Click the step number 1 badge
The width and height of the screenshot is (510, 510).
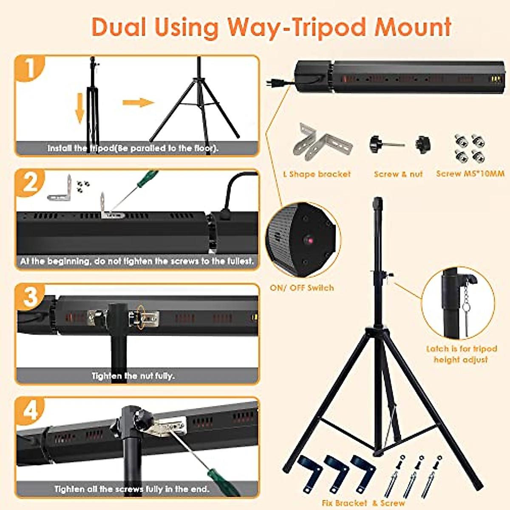coord(29,69)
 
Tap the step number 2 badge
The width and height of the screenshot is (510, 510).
coord(29,183)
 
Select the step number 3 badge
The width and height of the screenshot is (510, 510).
coord(30,296)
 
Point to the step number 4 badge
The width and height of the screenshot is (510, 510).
coord(30,411)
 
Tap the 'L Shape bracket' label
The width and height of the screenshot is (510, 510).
coord(317,174)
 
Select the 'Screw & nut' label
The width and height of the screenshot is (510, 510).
coord(398,174)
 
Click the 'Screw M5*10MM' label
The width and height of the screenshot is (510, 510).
coord(470,174)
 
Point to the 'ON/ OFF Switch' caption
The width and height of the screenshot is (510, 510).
coord(302,288)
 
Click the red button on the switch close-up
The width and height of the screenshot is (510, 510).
coord(310,241)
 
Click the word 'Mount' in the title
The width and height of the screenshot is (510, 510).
coord(412,27)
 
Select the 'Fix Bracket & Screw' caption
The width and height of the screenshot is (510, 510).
coord(363,503)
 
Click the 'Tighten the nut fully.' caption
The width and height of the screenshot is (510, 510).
coord(133,376)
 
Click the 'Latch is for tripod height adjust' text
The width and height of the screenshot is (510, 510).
coord(462,354)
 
